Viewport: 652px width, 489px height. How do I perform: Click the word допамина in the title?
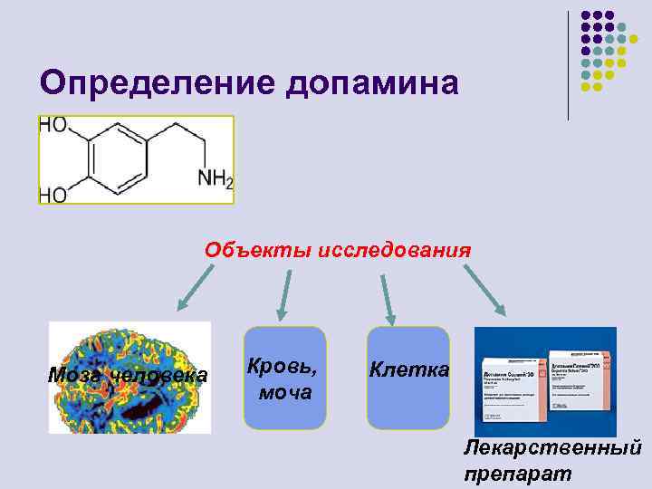click(373, 84)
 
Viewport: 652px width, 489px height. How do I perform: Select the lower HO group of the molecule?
click(53, 194)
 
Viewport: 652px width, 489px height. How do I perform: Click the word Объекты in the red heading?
click(257, 250)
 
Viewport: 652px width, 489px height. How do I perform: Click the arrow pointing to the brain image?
click(192, 292)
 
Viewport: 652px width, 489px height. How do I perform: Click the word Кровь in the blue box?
click(283, 368)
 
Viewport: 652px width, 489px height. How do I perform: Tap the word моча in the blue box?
click(285, 392)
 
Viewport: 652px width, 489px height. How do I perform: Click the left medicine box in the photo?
click(513, 385)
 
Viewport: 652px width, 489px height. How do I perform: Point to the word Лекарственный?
click(552, 446)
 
